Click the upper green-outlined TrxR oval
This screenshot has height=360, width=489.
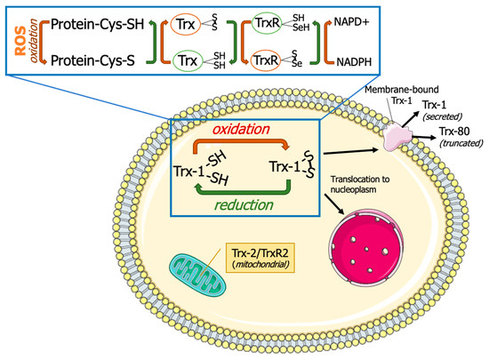tap(270, 19)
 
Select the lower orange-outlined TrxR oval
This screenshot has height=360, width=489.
tap(270, 62)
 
